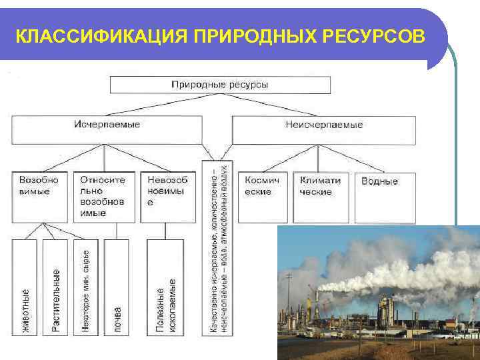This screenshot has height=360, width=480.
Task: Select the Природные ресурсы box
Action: [x=220, y=85]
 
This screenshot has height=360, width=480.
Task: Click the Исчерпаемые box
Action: [x=107, y=129]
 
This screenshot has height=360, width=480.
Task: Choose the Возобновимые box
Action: [x=39, y=197]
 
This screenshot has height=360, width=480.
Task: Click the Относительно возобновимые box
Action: [x=103, y=197]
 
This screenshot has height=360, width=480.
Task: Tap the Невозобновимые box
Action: [x=167, y=197]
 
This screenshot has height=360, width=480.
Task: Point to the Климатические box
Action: [x=321, y=197]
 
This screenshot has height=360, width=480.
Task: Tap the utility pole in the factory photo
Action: [x=289, y=293]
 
